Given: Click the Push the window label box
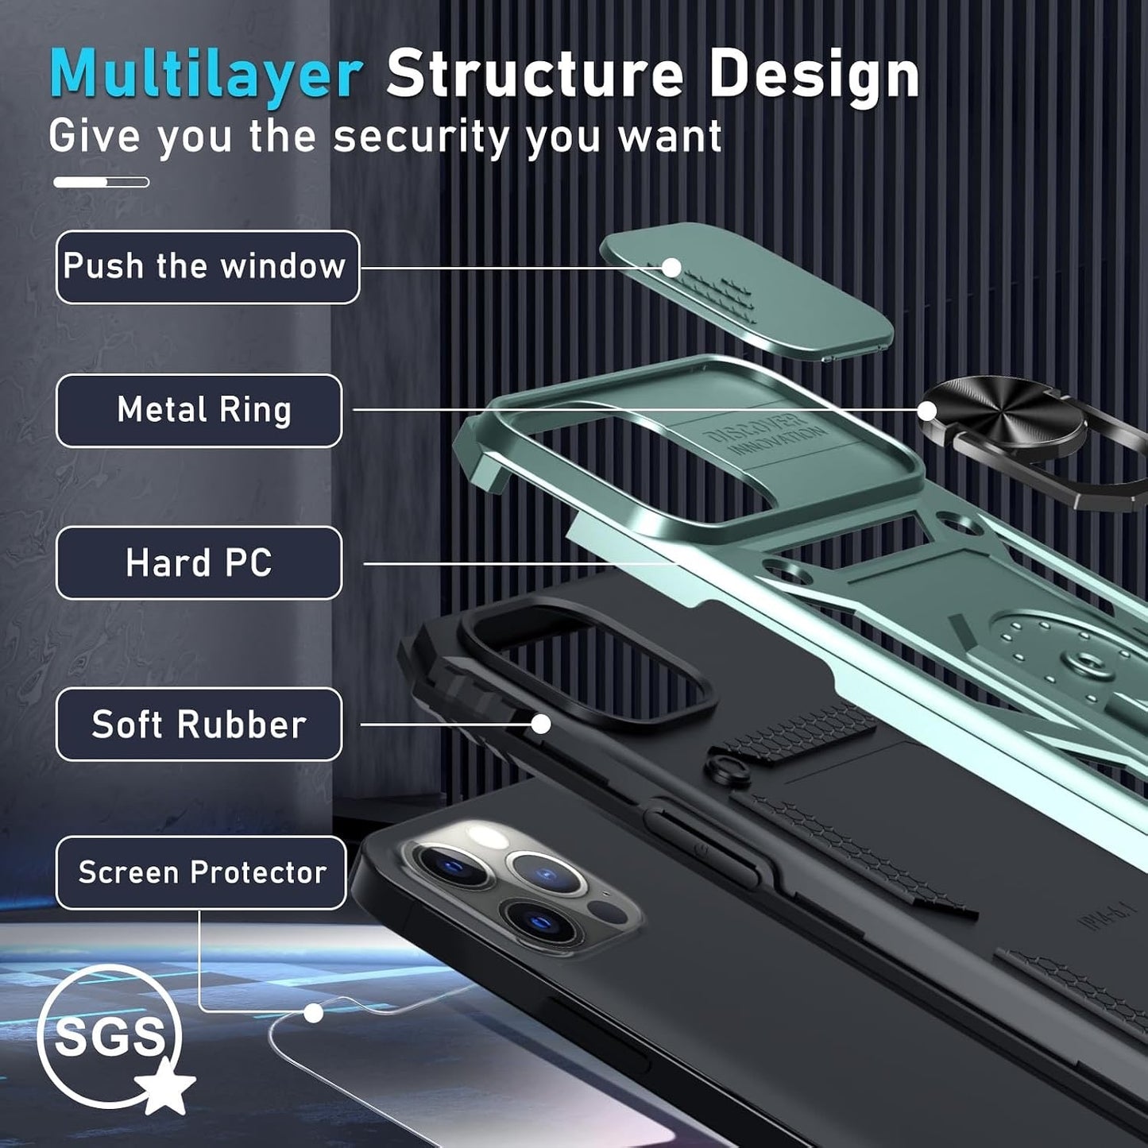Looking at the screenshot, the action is (208, 267).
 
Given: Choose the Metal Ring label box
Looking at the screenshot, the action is (199, 411).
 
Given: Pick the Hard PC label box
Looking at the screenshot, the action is (199, 562).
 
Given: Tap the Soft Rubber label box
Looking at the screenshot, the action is (199, 725).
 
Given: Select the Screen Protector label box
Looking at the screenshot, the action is (201, 873).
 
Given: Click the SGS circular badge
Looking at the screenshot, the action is (110, 1038).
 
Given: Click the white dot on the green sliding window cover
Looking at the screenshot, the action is (671, 268).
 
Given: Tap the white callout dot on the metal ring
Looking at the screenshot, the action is (926, 411).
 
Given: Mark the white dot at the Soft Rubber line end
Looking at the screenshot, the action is (540, 725).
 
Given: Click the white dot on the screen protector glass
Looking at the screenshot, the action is (313, 1012).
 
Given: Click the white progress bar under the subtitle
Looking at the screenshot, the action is (101, 182).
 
